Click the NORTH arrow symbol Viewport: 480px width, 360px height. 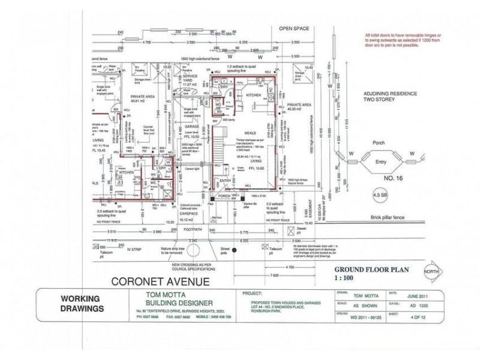[430, 271]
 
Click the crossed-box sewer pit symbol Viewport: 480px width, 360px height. [291, 230]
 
